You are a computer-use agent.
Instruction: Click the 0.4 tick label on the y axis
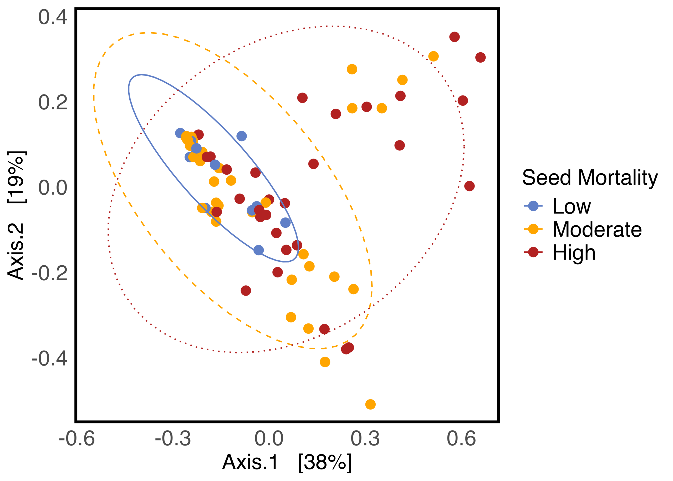coord(53,17)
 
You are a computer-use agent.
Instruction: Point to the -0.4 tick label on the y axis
coord(49,358)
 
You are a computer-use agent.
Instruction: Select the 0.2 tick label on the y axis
coord(53,103)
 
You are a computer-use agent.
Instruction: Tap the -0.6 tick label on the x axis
coord(77,439)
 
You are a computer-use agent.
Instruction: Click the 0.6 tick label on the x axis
coord(461,439)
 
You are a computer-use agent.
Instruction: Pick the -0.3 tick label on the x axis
coord(173,439)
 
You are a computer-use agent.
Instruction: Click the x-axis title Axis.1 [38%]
coord(287,462)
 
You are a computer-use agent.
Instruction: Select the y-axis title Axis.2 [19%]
coord(16,215)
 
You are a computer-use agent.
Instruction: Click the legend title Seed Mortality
coord(590,178)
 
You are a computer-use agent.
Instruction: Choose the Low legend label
coord(572,206)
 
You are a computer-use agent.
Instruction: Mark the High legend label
coord(574,253)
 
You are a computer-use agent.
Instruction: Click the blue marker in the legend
coord(533,206)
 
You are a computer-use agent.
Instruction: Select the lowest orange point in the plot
coord(370,404)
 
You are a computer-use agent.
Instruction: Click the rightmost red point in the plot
coord(480,57)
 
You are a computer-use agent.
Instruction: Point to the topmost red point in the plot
coord(454,37)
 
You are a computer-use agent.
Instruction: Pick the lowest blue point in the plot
coord(258,250)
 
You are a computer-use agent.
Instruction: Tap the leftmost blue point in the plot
coord(180,133)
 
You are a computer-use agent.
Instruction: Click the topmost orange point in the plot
coord(433,56)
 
